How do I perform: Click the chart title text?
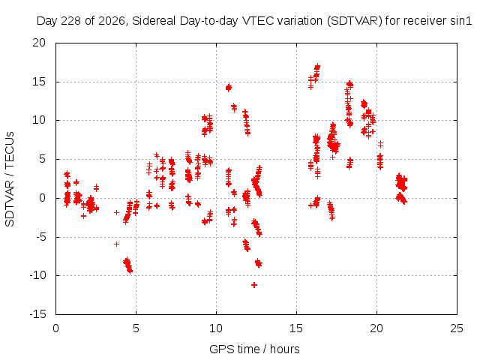pos(254,21)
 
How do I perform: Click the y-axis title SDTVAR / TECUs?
pos(10,179)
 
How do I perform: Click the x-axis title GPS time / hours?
pos(254,349)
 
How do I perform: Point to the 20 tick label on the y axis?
pos(39,43)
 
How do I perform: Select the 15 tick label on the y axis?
pos(39,82)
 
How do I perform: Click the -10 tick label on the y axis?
pos(37,275)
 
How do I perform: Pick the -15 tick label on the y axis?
pos(37,314)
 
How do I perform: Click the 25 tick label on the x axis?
pos(457,328)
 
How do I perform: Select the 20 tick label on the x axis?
pos(376,328)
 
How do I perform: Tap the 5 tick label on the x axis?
pos(136,328)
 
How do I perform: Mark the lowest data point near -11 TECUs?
pos(254,285)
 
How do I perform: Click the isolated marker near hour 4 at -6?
pos(116,244)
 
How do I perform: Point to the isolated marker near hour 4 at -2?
pos(116,212)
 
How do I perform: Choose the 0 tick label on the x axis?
pos(55,328)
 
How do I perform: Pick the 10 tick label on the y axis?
pos(39,120)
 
